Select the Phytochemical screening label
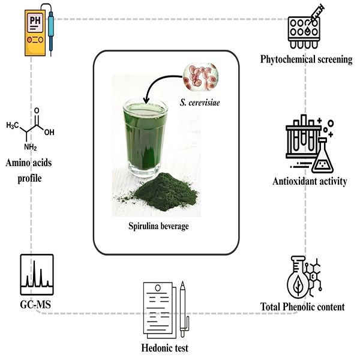[x=306, y=59]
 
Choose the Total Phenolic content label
[x=302, y=307]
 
